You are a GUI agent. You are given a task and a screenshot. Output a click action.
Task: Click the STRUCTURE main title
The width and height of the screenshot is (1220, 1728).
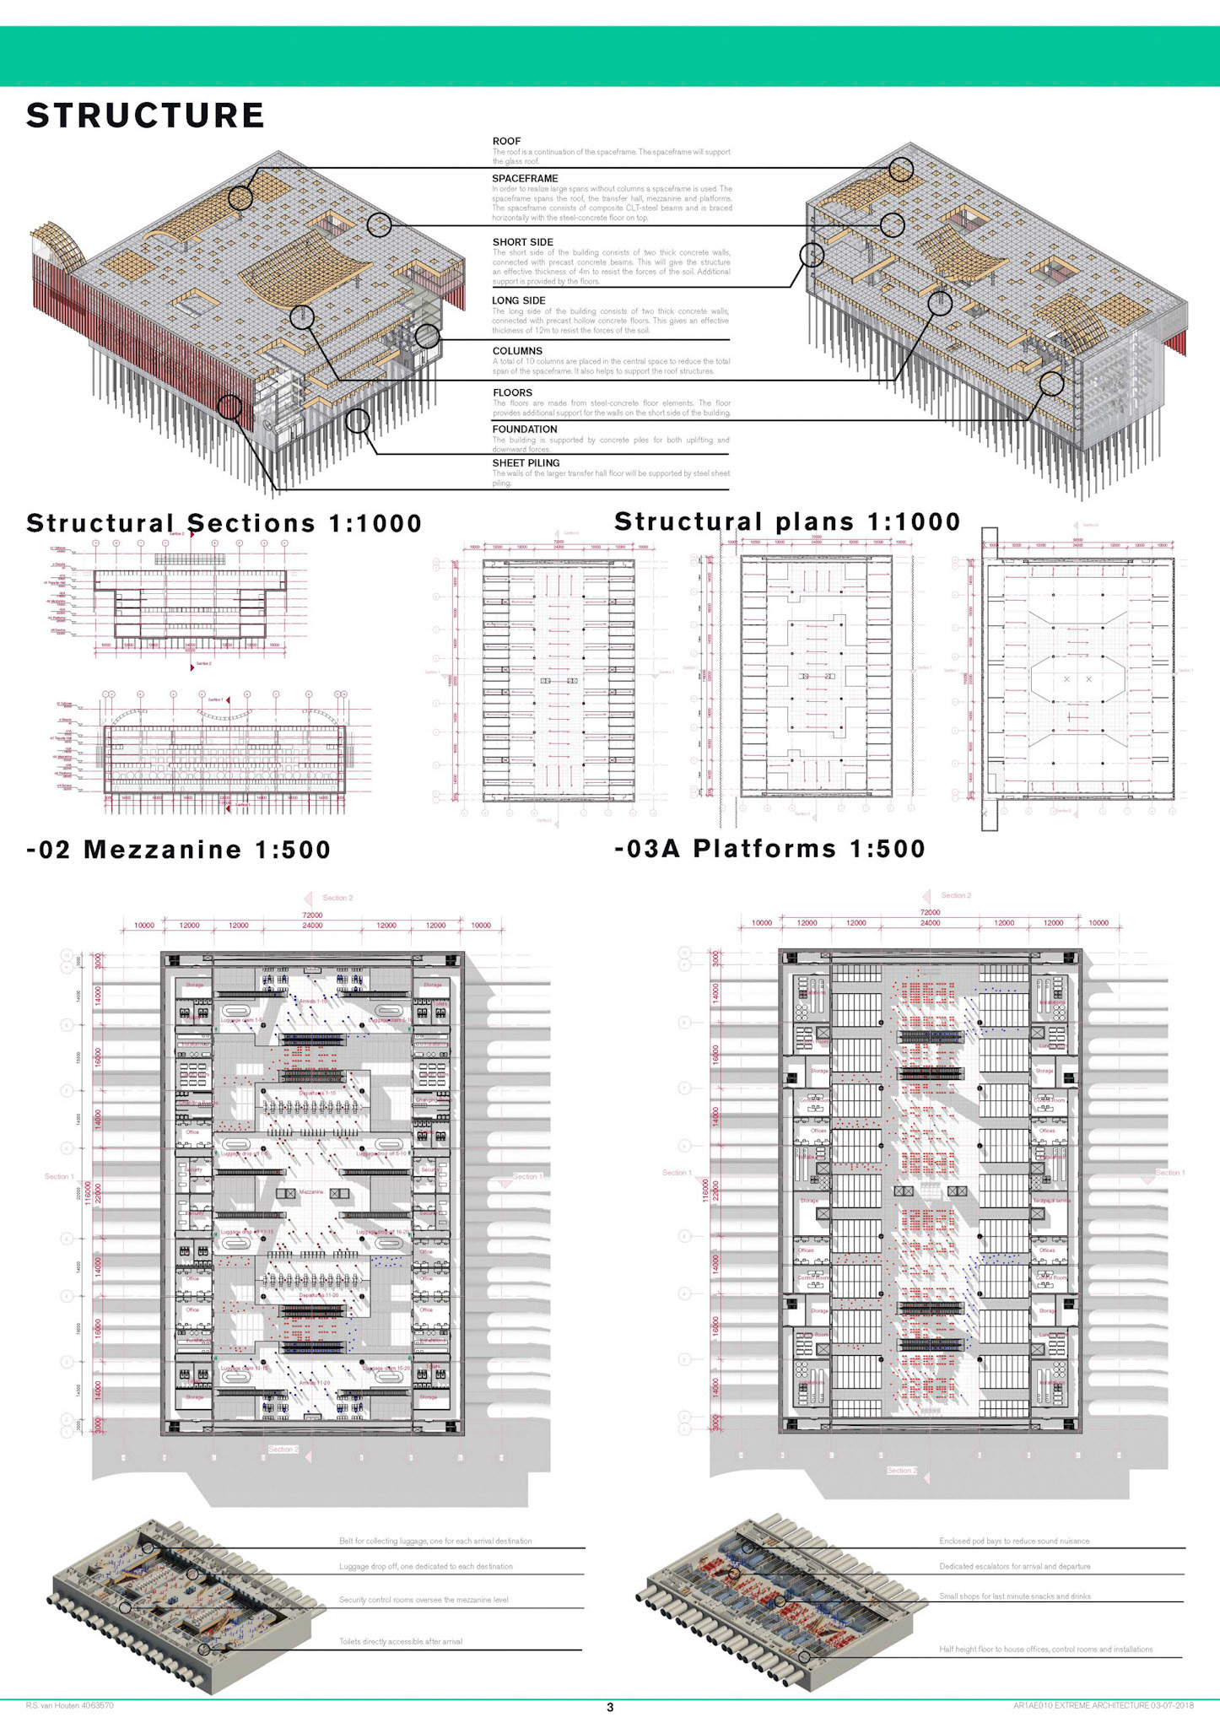[x=145, y=116]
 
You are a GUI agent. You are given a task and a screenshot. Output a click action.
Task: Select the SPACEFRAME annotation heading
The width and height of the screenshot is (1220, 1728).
[x=525, y=178]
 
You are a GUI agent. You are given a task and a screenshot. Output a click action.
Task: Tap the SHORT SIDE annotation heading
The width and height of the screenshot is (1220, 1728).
[x=523, y=242]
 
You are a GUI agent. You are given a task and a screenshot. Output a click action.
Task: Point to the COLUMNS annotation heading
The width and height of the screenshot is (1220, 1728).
[x=517, y=351]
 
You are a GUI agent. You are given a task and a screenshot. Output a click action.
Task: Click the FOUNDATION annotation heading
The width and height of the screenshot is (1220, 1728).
[x=525, y=429]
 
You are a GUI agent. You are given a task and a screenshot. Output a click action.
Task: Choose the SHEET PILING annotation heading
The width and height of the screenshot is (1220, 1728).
[x=526, y=463]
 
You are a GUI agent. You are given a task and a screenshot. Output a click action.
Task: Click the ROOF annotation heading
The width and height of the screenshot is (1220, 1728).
[x=506, y=141]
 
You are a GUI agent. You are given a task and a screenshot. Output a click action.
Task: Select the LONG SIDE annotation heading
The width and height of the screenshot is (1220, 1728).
[x=519, y=300]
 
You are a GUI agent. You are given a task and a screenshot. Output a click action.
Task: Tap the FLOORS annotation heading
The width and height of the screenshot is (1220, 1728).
[x=512, y=392]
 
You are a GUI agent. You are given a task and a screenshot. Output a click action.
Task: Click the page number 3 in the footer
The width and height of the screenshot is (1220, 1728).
[x=610, y=1707]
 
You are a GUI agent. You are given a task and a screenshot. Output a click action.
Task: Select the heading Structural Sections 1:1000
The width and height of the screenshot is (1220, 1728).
[x=224, y=523]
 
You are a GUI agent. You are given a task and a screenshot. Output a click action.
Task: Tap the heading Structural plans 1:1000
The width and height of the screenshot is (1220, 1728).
[x=787, y=521]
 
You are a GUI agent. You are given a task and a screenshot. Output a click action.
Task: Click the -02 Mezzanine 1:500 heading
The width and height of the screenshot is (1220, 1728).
[x=179, y=849]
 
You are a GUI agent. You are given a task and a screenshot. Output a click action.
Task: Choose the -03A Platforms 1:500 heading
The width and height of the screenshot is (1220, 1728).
[x=769, y=848]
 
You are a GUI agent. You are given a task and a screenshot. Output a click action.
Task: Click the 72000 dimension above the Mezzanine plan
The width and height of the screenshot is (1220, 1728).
[x=312, y=915]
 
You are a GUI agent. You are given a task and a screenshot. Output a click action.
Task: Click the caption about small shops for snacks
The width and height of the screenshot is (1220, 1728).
[x=1015, y=1596]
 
